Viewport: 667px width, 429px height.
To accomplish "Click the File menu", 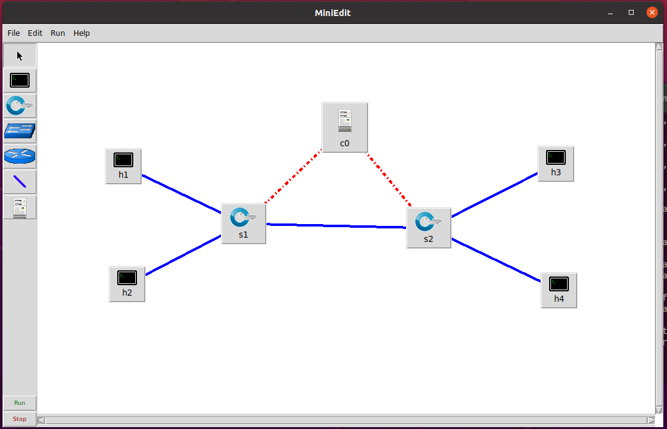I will tap(14, 33).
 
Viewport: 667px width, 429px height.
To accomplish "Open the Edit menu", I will tap(35, 33).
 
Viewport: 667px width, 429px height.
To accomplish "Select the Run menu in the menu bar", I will tap(57, 33).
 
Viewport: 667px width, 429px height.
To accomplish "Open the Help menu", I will tap(81, 33).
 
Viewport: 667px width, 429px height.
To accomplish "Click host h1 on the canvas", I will tap(123, 165).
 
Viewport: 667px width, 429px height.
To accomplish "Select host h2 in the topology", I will tap(126, 283).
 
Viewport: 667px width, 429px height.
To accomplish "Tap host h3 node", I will tap(555, 164).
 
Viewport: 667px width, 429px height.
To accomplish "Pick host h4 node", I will tap(558, 289).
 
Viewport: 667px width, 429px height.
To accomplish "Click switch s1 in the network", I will tap(243, 223).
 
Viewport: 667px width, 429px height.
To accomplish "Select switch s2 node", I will tap(428, 227).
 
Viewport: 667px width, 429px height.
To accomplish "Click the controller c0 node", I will tap(344, 127).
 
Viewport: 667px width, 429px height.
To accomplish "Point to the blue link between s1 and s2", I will tap(336, 226).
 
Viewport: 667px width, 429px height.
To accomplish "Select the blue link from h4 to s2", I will tap(497, 260).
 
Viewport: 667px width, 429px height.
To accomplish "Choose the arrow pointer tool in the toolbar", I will tap(20, 56).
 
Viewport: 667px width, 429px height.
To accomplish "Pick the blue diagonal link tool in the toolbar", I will tap(20, 182).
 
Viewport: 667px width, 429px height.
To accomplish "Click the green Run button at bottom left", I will tap(20, 402).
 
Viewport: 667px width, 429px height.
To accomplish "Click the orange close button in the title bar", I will tap(652, 12).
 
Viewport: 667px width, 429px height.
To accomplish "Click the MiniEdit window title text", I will tap(333, 12).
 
